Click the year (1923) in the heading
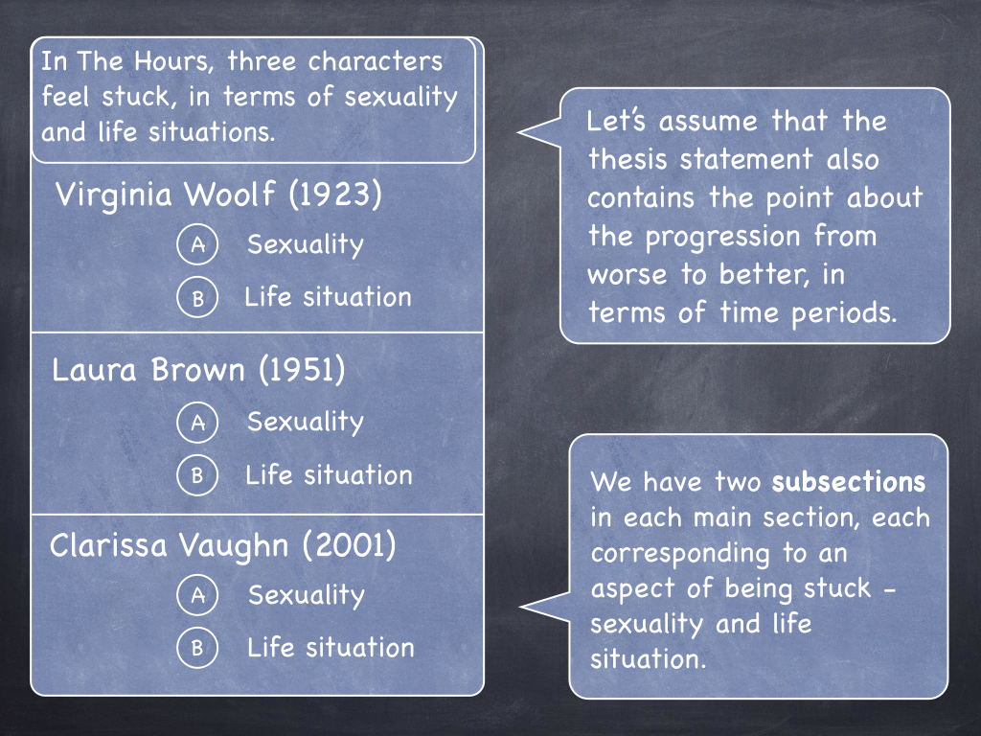pos(335,194)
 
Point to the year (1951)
pos(302,369)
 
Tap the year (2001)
pos(349,545)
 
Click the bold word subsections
pos(849,482)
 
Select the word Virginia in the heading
pos(113,195)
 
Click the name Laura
pos(94,370)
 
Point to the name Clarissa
pos(108,545)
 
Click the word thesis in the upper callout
pos(627,158)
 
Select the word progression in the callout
pos(722,238)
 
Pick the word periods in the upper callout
pos(844,313)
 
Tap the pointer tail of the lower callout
pos(521,607)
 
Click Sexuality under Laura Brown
pos(306,422)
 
